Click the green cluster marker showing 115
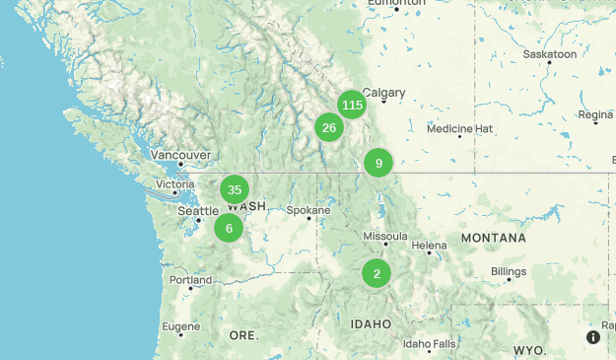click(x=352, y=105)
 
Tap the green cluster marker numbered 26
click(x=329, y=127)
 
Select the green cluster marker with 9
click(x=378, y=163)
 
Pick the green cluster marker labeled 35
click(x=234, y=189)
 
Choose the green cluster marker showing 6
click(x=229, y=228)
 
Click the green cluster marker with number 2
click(x=376, y=273)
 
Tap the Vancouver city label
click(x=180, y=155)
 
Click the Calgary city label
click(x=383, y=93)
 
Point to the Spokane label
click(x=308, y=210)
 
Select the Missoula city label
click(x=385, y=236)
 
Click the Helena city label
click(x=430, y=245)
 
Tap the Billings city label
click(x=510, y=270)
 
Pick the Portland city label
click(x=190, y=280)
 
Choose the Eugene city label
click(x=181, y=325)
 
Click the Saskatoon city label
click(x=550, y=54)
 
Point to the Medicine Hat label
click(x=460, y=128)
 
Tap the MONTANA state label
click(x=493, y=239)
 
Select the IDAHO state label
click(x=372, y=324)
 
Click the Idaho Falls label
click(x=430, y=343)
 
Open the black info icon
click(x=593, y=337)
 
